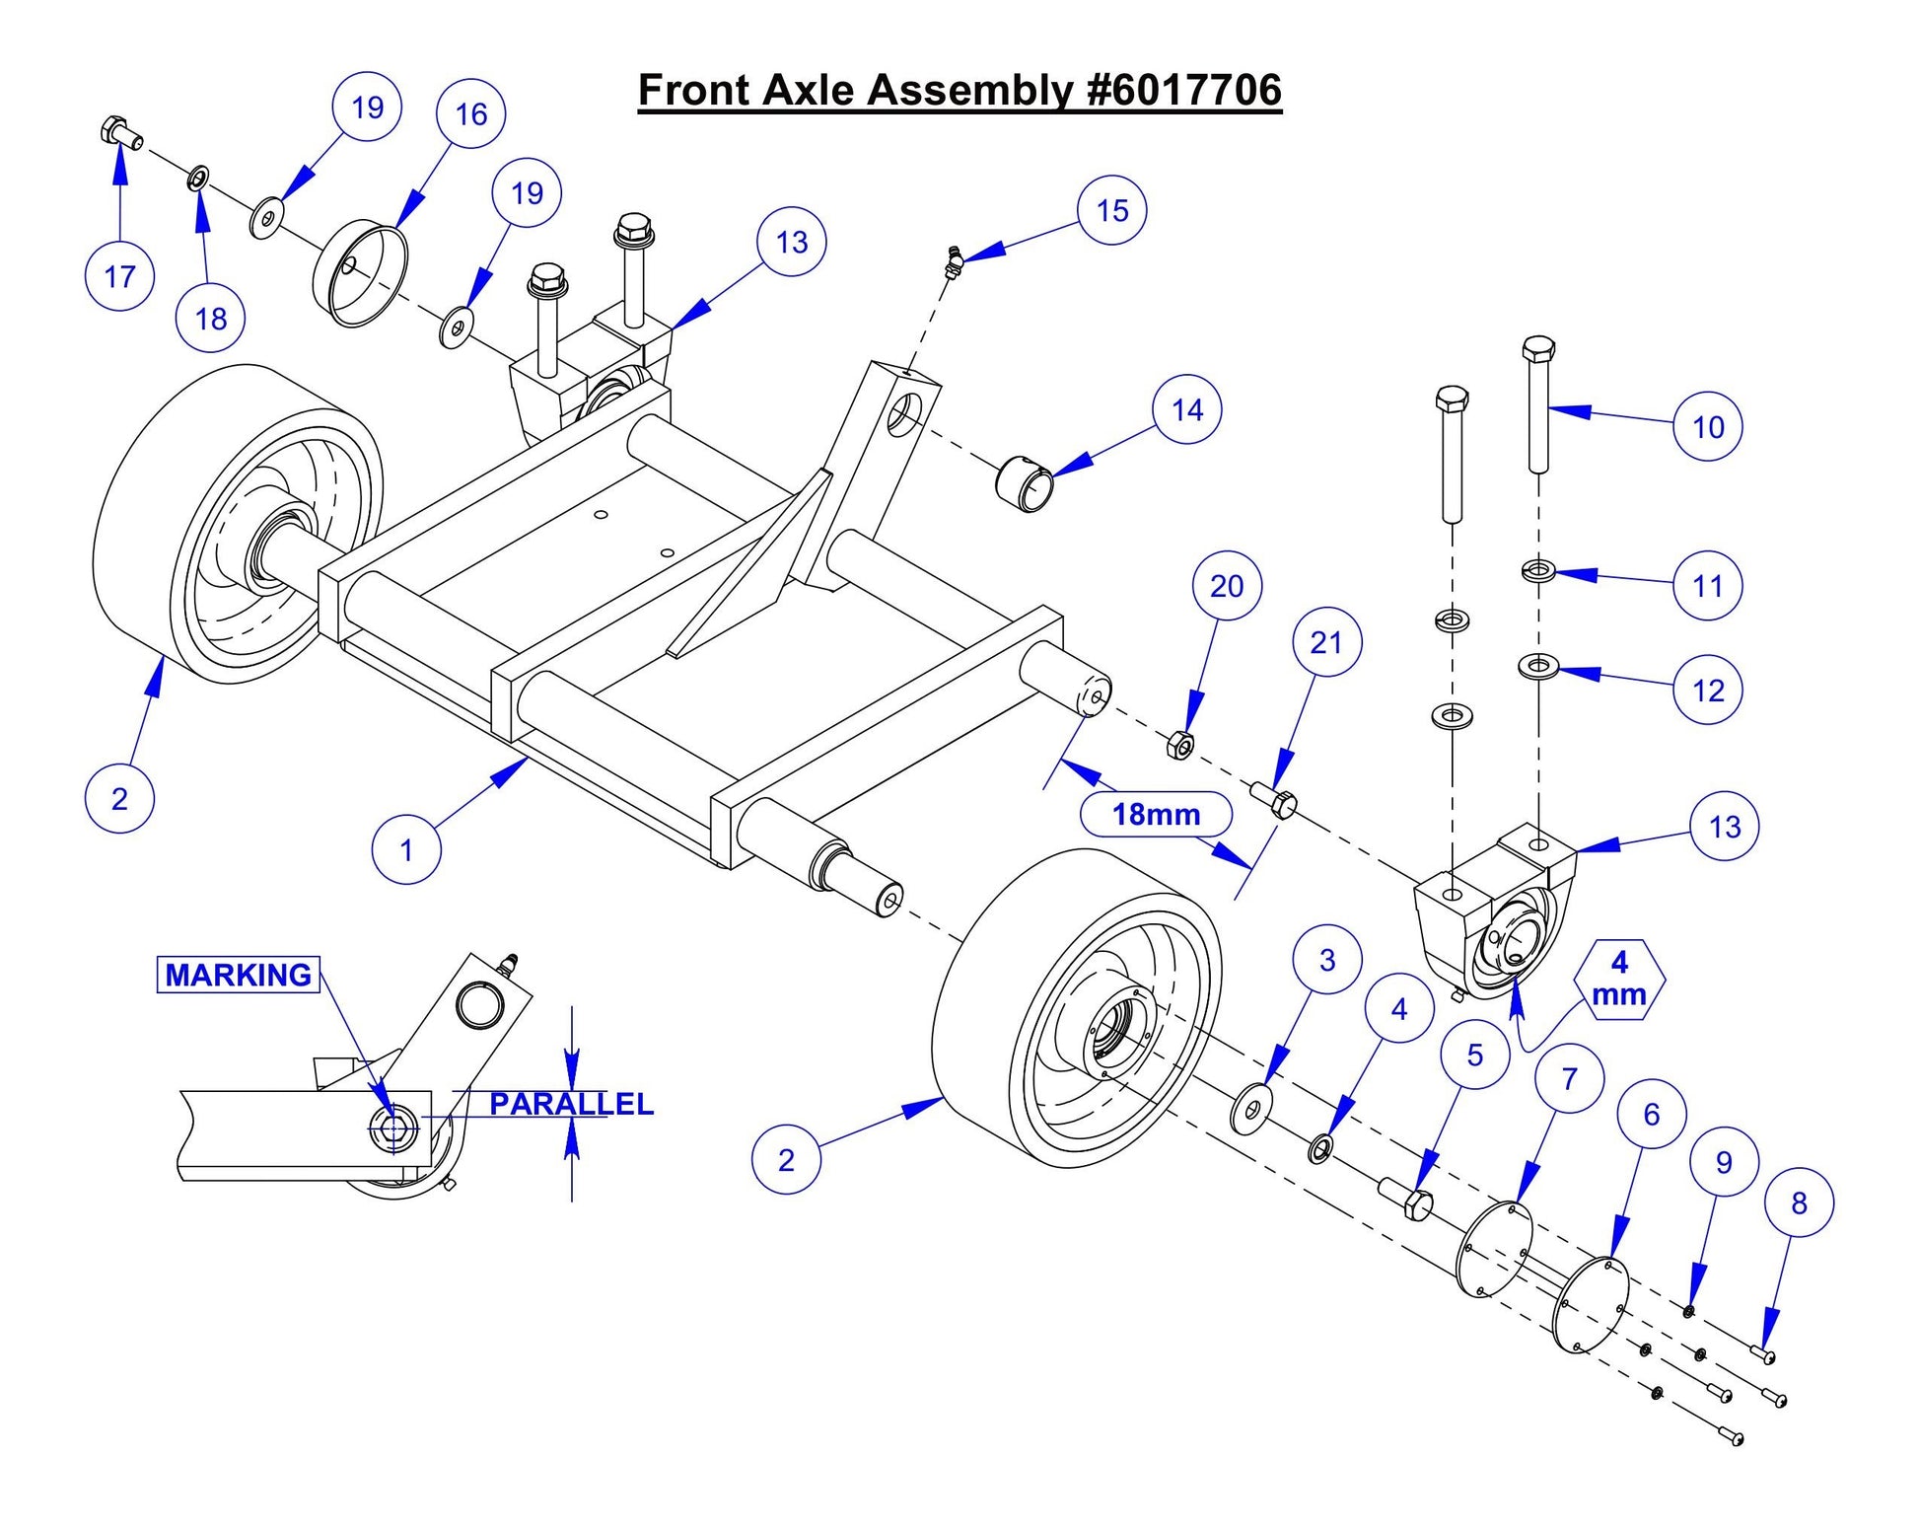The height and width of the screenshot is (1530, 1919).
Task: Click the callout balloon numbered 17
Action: [x=119, y=276]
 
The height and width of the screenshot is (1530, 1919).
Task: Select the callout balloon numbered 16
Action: [x=470, y=114]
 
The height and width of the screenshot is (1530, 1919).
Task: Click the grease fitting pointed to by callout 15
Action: [x=953, y=262]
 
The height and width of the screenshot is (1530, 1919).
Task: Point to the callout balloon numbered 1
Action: [x=406, y=849]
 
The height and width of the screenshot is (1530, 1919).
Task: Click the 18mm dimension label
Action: [x=1156, y=815]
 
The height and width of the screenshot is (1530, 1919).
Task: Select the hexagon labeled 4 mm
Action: [x=1619, y=979]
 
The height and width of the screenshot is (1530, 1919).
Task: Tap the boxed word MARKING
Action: [x=239, y=975]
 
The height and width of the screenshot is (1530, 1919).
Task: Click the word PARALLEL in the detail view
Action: [x=571, y=1103]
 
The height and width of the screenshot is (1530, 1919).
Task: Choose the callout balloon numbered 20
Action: [x=1227, y=586]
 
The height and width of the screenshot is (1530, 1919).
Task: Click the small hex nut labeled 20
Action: [x=1179, y=745]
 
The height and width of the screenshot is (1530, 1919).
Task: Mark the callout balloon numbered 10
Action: [x=1708, y=427]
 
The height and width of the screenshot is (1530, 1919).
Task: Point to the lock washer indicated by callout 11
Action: [x=1537, y=570]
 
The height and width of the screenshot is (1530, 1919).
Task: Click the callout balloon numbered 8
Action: [x=1799, y=1202]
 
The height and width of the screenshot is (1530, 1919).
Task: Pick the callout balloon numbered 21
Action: [x=1326, y=643]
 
